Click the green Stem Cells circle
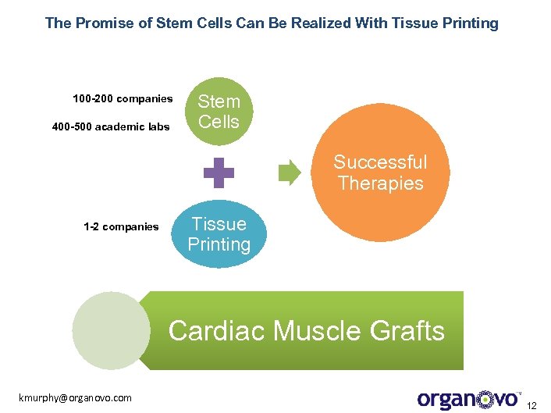(219, 112)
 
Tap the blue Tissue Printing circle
(219, 234)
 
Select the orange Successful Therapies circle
(380, 173)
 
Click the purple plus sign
(219, 173)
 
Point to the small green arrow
(290, 173)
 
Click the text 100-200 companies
(123, 99)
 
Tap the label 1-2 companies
(121, 227)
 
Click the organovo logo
(468, 399)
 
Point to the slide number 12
(533, 405)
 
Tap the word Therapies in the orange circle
(380, 183)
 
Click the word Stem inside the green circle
(219, 101)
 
